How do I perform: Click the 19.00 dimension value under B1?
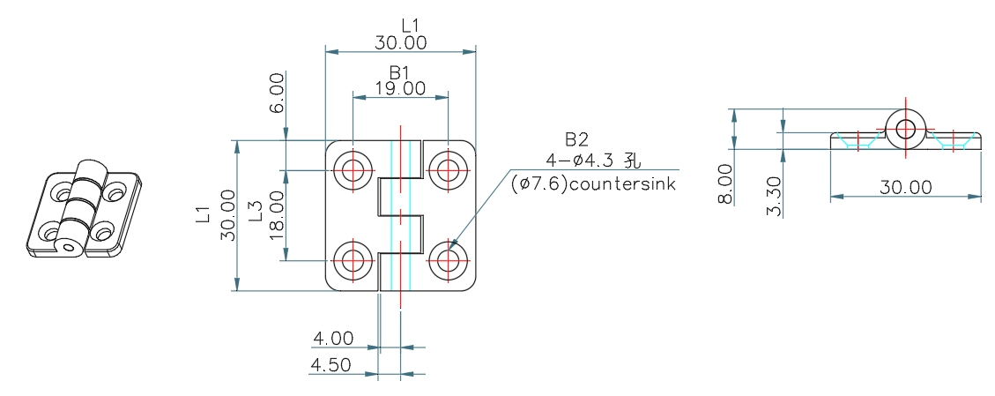point(400,88)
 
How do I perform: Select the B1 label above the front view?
point(400,72)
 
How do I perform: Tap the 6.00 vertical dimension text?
point(278,93)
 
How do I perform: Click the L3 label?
point(256,212)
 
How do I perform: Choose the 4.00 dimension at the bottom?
point(333,339)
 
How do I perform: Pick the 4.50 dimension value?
point(330,365)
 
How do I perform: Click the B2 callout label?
point(577,139)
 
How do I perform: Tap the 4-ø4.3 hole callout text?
point(593,161)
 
